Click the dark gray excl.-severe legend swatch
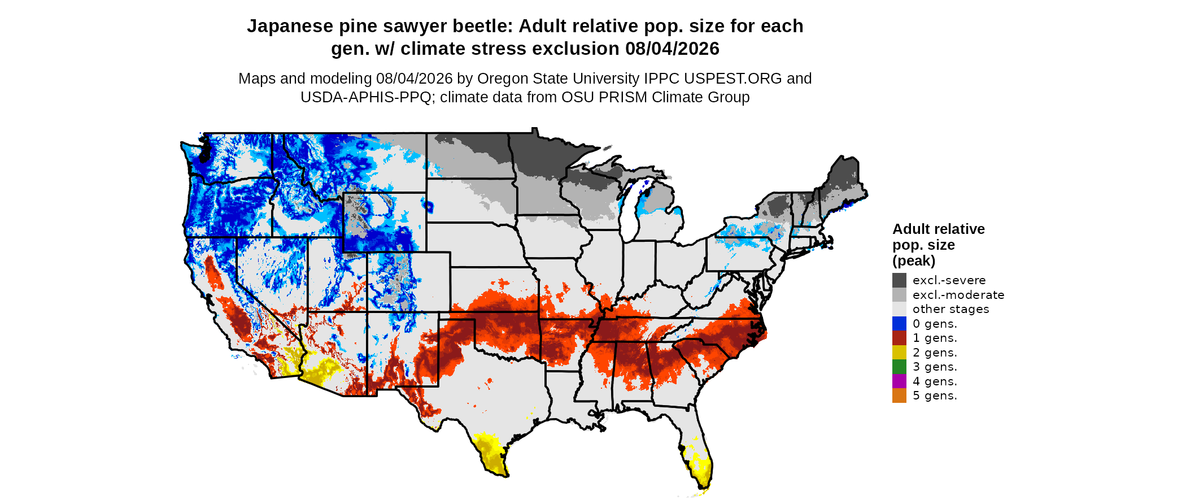coord(899,280)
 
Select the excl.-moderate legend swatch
coord(899,295)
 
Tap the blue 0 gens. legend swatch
coord(899,324)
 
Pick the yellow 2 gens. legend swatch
coord(899,353)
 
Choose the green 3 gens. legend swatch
coord(899,367)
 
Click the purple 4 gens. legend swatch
coord(899,381)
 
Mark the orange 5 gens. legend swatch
coord(899,396)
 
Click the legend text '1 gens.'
coord(935,338)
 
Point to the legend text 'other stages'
coord(951,309)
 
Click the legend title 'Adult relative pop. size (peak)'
coord(939,245)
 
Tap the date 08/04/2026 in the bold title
coord(672,49)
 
